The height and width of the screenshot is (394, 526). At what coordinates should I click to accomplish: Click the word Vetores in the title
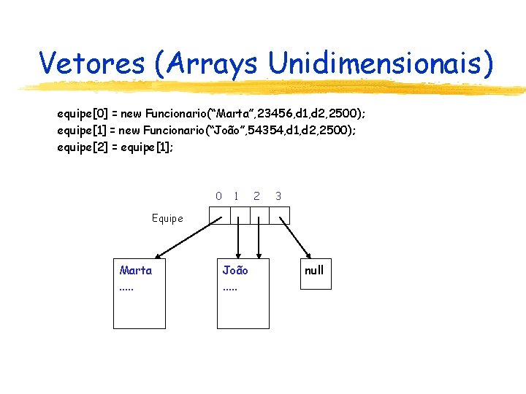click(x=92, y=63)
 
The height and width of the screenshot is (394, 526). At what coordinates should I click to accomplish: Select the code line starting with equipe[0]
click(x=211, y=114)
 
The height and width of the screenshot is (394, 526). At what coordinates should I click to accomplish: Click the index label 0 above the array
click(x=218, y=196)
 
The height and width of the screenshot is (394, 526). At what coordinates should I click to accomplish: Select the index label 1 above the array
click(x=236, y=196)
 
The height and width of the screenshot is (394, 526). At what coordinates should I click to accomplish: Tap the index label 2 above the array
click(x=256, y=196)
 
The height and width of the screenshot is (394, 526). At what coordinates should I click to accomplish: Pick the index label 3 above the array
click(x=278, y=196)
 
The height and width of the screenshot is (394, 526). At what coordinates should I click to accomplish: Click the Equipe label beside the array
click(x=167, y=218)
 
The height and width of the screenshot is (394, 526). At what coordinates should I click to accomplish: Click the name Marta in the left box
click(x=136, y=271)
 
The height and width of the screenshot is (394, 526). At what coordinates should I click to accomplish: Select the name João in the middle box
click(x=235, y=271)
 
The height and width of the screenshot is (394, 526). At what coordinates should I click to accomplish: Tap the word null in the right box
click(x=314, y=271)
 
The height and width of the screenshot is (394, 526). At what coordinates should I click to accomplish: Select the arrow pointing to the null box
click(x=296, y=237)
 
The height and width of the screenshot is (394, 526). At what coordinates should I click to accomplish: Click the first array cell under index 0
click(x=220, y=215)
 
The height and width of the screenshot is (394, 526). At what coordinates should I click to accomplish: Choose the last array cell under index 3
click(x=280, y=215)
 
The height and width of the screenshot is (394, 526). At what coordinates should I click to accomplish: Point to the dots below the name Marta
click(x=127, y=287)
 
